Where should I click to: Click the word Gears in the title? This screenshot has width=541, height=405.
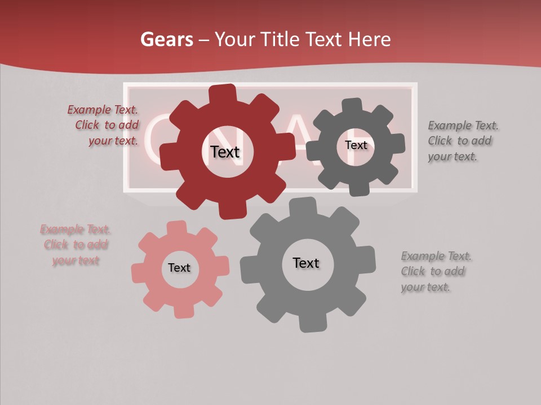[x=166, y=39]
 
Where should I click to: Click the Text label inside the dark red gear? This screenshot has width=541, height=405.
[x=225, y=152]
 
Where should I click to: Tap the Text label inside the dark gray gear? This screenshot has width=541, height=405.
[x=356, y=145]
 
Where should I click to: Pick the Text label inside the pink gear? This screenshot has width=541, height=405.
[x=179, y=268]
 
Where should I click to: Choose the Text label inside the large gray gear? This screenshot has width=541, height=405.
[x=306, y=263]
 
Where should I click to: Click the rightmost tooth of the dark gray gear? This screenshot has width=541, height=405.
[x=396, y=144]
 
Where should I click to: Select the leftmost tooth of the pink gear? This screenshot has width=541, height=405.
[x=139, y=273]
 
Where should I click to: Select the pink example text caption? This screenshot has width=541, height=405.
[x=76, y=245]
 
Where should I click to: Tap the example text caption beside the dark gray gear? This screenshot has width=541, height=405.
[x=462, y=141]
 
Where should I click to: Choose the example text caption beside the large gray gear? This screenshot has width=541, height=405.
[x=435, y=272]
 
